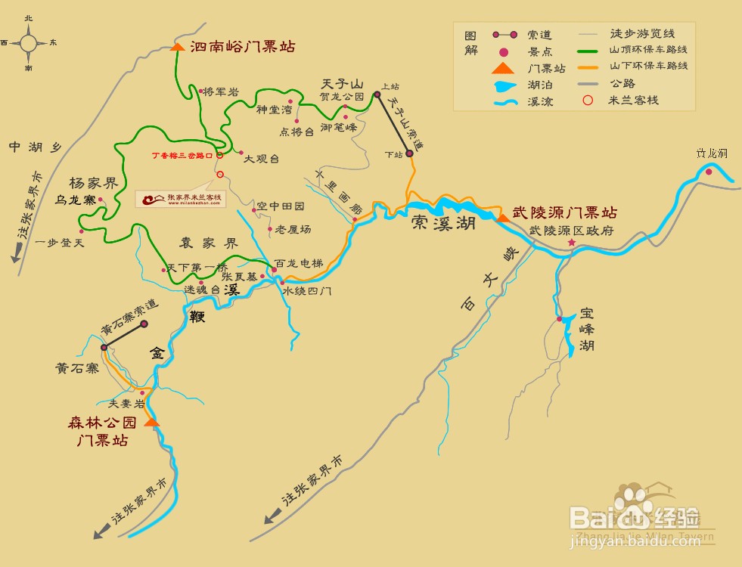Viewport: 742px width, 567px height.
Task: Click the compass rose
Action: point(29,43)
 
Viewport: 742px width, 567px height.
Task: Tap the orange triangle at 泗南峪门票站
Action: point(177,47)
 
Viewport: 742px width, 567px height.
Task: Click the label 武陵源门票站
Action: point(564,213)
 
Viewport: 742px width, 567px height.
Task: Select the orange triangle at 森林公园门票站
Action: point(151,422)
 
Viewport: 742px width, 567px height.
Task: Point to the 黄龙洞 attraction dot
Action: point(709,172)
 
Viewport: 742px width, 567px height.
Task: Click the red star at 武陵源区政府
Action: point(571,243)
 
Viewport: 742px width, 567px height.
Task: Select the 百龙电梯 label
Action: point(298,263)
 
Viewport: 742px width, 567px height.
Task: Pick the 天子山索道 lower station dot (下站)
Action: point(409,153)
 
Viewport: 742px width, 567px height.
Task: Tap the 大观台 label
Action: point(262,159)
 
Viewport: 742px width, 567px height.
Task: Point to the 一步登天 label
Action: point(61,243)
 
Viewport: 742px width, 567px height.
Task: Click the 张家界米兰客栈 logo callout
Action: point(182,198)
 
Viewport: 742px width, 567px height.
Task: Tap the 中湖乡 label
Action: point(34,147)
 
